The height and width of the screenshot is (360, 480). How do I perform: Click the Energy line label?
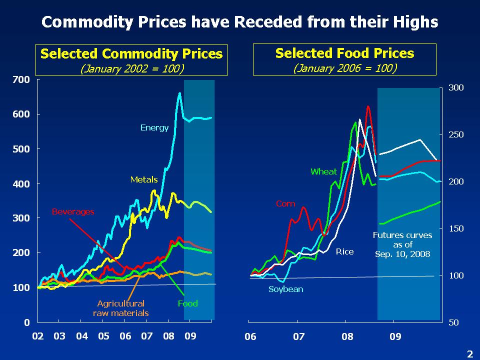pos(154,128)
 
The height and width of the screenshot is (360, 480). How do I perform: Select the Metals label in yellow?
pos(144,179)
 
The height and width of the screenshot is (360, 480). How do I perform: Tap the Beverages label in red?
pos(73,212)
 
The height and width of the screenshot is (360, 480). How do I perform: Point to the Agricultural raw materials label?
pos(121,308)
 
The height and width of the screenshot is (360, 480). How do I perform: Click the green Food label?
pos(188,303)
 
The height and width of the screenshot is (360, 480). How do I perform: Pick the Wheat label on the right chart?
pos(323,171)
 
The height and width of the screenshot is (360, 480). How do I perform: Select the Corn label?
pos(285,204)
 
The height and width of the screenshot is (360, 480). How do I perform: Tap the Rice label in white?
pos(344,251)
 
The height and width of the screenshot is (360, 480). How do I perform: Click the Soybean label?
pos(286,289)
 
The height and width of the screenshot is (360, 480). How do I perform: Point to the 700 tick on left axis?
pos(23,79)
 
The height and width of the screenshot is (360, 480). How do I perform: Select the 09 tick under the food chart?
pos(395,336)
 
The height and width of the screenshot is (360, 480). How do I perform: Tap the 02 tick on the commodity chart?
pos(37,336)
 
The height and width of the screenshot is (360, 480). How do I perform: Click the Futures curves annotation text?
pos(402,244)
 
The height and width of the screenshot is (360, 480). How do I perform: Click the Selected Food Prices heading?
pos(344,53)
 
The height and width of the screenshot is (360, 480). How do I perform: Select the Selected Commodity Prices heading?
pos(131,53)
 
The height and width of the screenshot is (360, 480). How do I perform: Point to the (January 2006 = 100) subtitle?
pos(344,68)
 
